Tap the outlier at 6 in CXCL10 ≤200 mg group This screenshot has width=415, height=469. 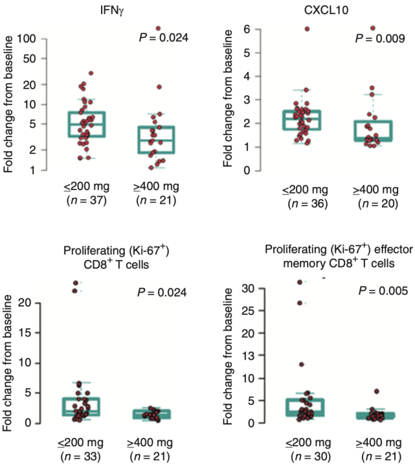pos(308,29)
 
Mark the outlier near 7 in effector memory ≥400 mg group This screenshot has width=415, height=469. pos(377,391)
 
